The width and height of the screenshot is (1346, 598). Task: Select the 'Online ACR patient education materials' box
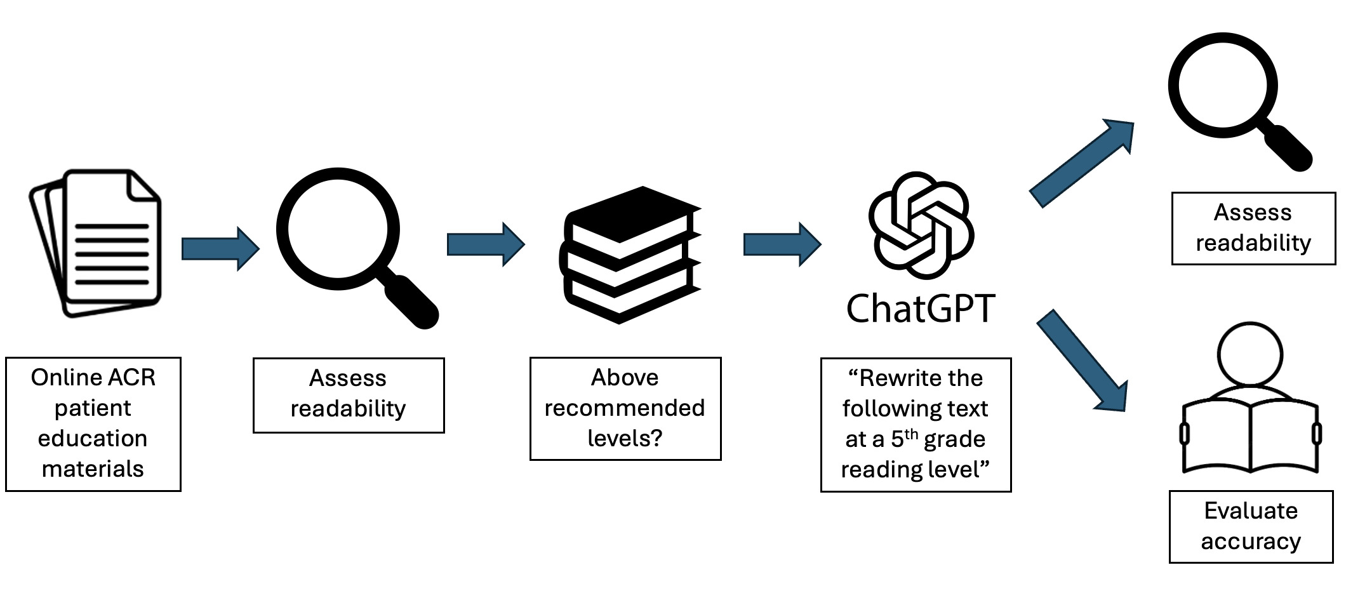[x=93, y=423]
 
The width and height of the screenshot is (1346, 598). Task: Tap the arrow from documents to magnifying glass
[x=220, y=248]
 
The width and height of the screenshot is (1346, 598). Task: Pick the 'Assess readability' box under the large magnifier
[x=349, y=395]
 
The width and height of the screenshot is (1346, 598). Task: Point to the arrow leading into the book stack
[x=485, y=244]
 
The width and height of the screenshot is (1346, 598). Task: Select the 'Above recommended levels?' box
[x=625, y=408]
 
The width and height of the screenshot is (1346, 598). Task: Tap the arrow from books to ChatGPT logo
[x=782, y=244]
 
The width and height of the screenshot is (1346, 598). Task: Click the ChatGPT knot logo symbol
[x=921, y=225]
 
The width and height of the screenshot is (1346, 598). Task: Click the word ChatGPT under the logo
[x=921, y=309]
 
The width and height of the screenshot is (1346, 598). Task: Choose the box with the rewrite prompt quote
[x=916, y=424]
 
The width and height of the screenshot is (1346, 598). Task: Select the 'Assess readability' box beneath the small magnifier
[x=1253, y=228]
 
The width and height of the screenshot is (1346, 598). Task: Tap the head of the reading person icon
[x=1250, y=354]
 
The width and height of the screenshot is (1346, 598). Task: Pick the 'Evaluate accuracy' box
[x=1251, y=526]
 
